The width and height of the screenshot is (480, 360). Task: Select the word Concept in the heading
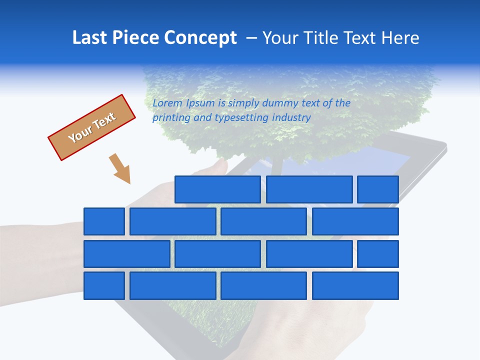click(200, 37)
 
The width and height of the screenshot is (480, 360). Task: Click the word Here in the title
click(400, 37)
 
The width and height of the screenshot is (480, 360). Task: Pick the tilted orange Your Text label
click(92, 127)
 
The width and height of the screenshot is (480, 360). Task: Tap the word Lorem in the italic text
click(167, 103)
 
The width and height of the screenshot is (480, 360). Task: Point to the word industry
click(291, 118)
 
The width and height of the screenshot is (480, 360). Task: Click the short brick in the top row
click(378, 189)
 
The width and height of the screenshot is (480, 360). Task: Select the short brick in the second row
click(104, 221)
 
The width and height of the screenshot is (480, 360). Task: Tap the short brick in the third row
click(378, 254)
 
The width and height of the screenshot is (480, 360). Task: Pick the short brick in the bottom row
click(104, 286)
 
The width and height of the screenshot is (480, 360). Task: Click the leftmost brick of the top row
click(217, 189)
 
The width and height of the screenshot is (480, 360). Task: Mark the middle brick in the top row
click(309, 189)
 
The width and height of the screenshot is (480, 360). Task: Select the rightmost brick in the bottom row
click(355, 286)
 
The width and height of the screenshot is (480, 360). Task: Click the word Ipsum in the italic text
click(201, 103)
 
